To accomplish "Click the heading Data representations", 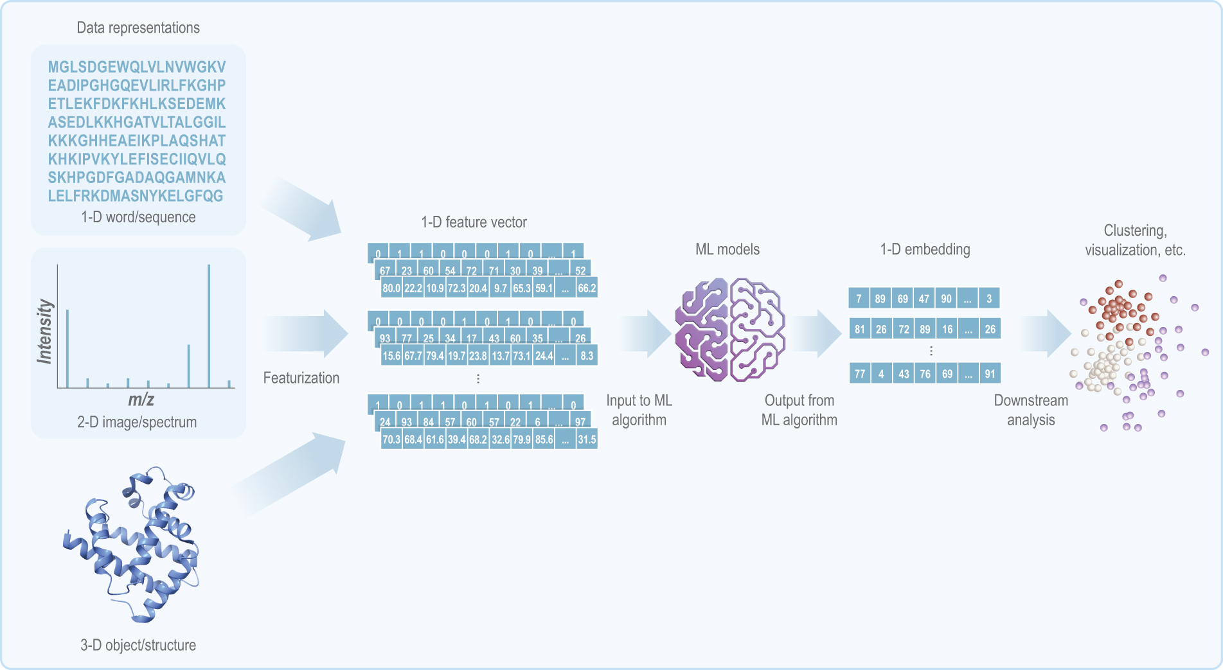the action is coord(138,28).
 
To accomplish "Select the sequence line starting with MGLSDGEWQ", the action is coord(137,67).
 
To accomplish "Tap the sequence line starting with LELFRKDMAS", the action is coord(136,196).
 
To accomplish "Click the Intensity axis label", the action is coord(44,331).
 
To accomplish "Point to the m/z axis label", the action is coord(141,400).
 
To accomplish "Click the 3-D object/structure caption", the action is coord(138,645).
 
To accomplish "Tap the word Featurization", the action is coord(301,378).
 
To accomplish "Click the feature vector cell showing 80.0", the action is coord(391,288).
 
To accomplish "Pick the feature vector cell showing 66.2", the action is coord(587,288).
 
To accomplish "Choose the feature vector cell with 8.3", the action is coord(587,355).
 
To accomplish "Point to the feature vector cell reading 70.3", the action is coord(391,439).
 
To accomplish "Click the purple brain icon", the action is coord(730,330).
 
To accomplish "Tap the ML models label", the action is coord(728,249).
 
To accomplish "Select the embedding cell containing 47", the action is coord(924,298).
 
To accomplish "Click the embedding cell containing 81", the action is coord(859,329).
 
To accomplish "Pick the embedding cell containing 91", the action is coord(990,373).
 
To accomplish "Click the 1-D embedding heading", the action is coord(925,249).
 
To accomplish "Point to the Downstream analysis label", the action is coord(1031,410).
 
